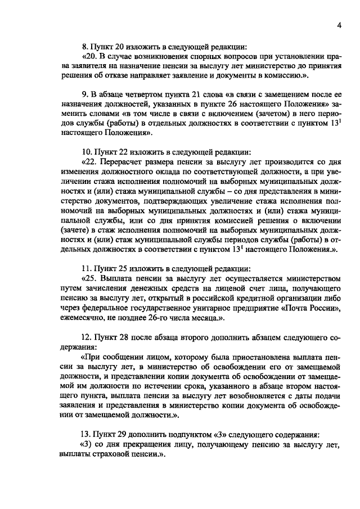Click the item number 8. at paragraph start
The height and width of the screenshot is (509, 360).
click(x=85, y=47)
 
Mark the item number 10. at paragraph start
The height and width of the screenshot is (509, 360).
click(x=88, y=151)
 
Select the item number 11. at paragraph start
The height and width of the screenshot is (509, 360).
click(x=88, y=268)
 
